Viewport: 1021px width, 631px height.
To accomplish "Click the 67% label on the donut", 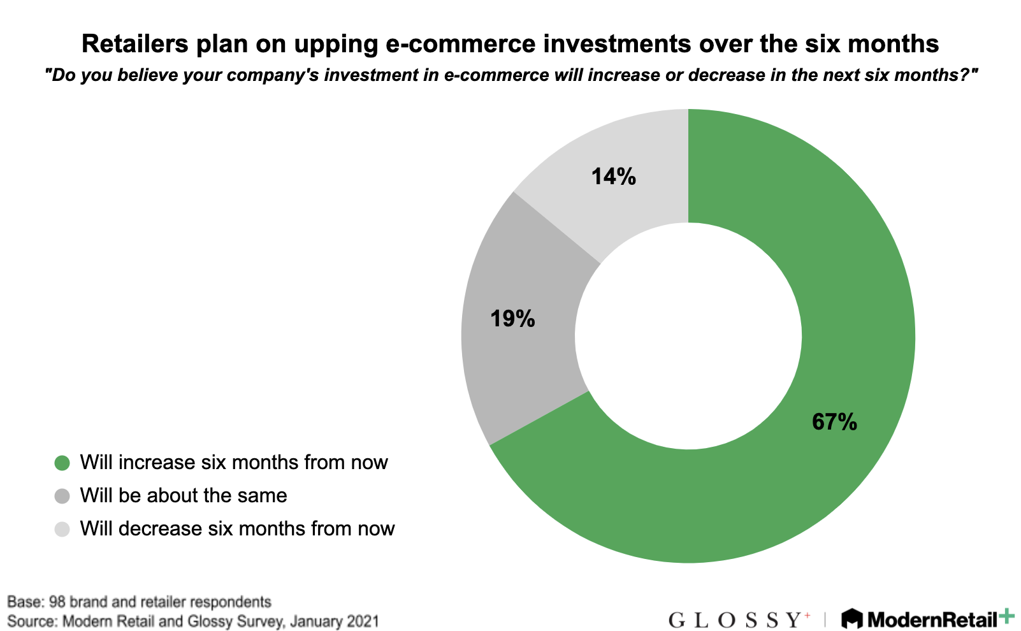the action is coord(834,422).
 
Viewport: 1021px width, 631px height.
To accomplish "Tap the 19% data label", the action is coord(512,318).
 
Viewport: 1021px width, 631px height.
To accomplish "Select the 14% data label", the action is coord(614,177).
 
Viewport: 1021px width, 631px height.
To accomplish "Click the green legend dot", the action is coord(62,463).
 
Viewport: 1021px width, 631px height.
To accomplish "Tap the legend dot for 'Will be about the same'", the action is coord(62,496).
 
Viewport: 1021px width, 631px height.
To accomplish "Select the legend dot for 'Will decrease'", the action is coord(62,529).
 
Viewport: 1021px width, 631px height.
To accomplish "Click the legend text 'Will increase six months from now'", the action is coord(234,462).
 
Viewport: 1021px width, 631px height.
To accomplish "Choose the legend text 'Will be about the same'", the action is coord(184,496).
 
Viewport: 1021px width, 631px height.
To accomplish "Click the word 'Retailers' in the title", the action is coord(135,44).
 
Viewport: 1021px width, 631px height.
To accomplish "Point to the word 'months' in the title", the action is coord(894,44).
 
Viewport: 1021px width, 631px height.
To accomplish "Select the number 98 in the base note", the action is coord(57,602).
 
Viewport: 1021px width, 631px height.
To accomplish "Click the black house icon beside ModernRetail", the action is coord(852,619).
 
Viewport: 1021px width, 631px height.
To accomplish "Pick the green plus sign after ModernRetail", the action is coord(1006,616).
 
